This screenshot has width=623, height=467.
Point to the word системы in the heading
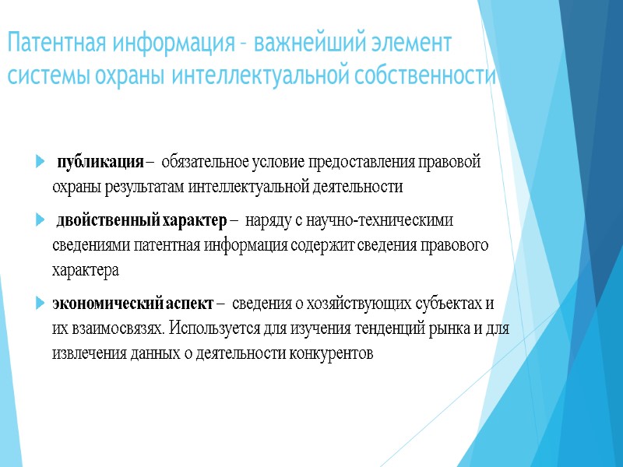44,77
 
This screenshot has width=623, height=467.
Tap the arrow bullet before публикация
40,163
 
